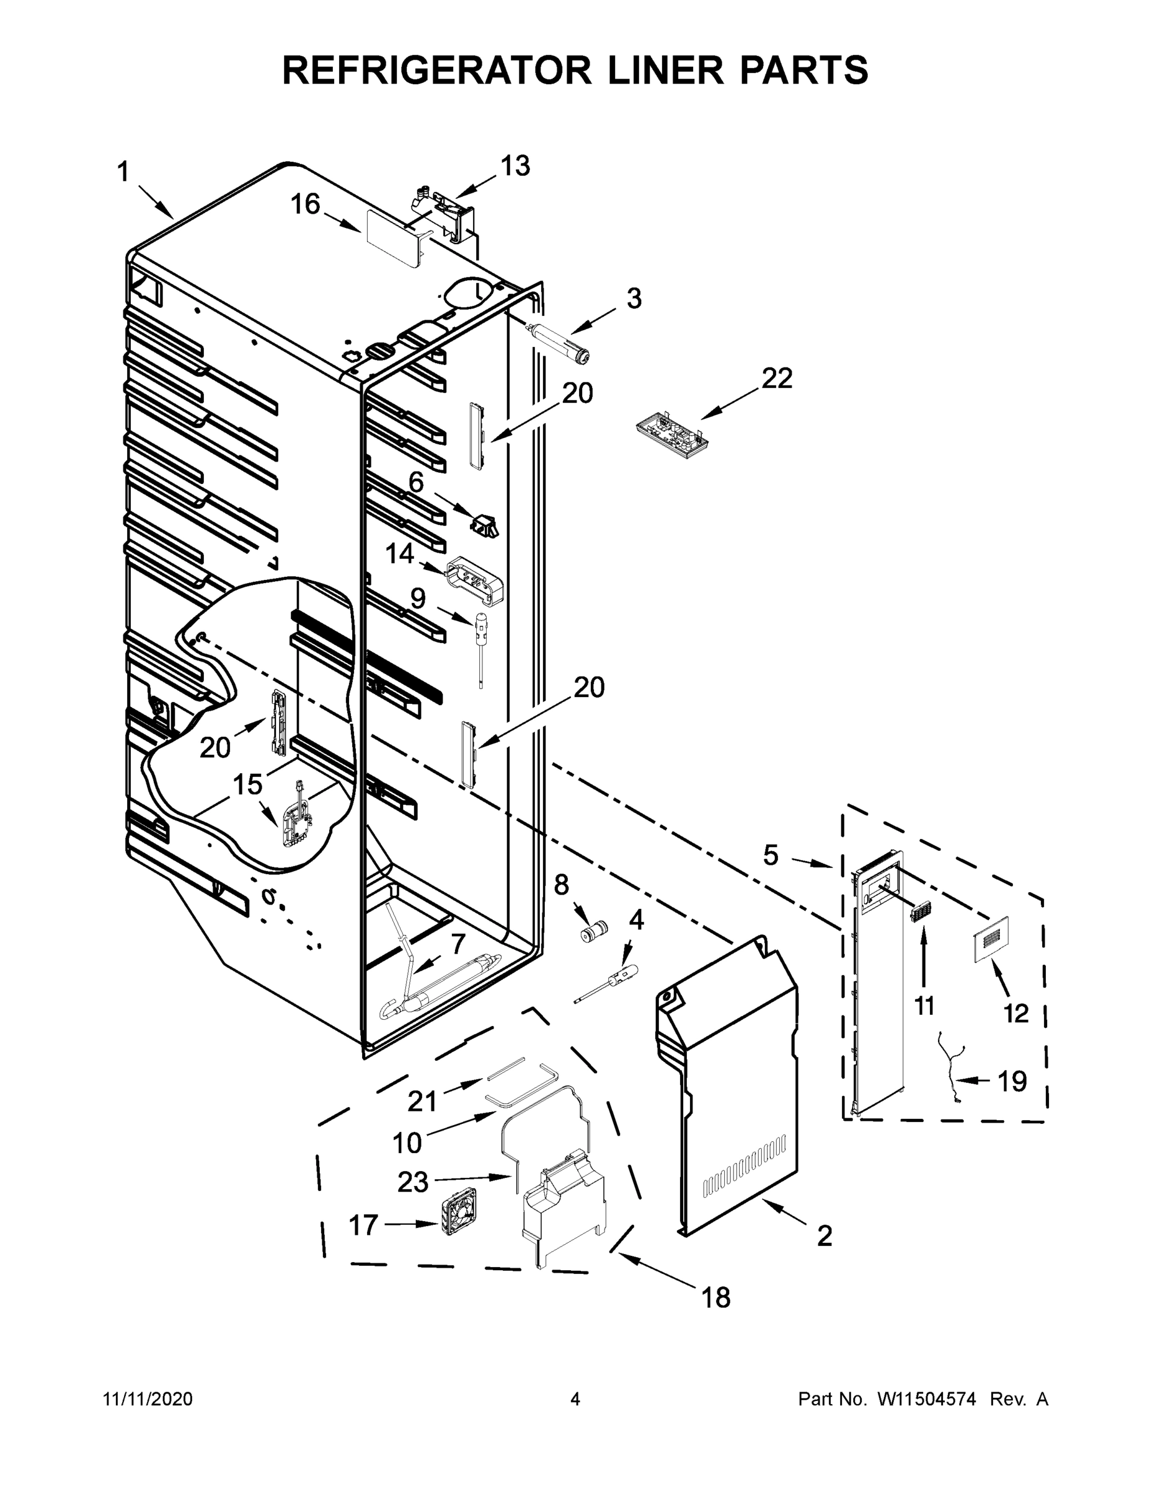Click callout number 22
coord(777,379)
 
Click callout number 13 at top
coord(515,165)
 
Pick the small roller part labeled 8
coord(591,931)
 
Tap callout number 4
coord(635,921)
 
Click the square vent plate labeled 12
coord(990,939)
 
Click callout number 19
coord(1012,1081)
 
